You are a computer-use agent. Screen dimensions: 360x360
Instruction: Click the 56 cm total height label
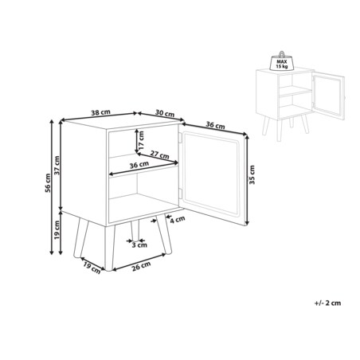click(48, 183)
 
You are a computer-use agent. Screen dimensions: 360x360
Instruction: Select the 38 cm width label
click(100, 112)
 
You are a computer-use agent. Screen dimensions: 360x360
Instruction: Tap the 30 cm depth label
click(165, 113)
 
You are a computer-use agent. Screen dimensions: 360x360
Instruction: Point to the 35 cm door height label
click(252, 174)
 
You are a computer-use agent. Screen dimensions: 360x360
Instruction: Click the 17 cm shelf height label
click(141, 140)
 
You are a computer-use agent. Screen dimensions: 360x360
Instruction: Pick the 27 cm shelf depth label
click(159, 155)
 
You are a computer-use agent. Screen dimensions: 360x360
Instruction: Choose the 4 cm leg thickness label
click(178, 220)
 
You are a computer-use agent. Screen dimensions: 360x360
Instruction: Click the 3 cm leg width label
click(139, 245)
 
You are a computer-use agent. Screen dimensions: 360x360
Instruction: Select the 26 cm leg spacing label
click(142, 266)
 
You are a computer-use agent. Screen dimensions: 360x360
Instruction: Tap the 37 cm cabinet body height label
click(57, 166)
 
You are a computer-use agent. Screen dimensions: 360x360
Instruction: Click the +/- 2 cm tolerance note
click(327, 303)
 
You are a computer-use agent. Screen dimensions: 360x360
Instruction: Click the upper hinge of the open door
click(180, 138)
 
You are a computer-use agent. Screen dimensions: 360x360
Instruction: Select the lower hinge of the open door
click(180, 194)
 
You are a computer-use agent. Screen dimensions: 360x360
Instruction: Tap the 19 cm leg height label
click(57, 230)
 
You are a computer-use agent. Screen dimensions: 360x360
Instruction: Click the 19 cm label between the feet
click(92, 268)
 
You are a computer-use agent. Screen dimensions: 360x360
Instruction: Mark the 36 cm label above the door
click(215, 125)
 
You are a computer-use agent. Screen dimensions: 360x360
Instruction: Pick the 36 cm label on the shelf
click(139, 165)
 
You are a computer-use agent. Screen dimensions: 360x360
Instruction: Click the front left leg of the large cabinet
click(109, 248)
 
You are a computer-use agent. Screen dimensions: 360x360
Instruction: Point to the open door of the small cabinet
click(329, 97)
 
